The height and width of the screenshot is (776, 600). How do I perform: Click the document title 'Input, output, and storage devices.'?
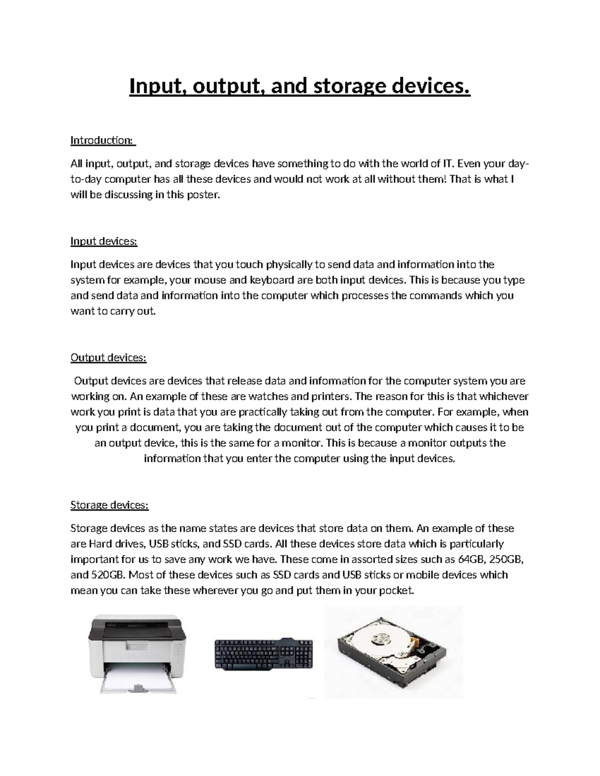click(x=299, y=86)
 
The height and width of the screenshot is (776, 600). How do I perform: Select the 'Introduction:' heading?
click(x=102, y=140)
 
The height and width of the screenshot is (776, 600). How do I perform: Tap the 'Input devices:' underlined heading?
click(x=103, y=241)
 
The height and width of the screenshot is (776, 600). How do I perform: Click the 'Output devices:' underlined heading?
click(x=108, y=358)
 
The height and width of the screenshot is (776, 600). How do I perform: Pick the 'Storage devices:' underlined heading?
click(x=109, y=505)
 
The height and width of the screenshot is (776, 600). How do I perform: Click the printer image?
click(x=137, y=653)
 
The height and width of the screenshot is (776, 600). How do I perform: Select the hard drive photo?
click(x=393, y=652)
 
